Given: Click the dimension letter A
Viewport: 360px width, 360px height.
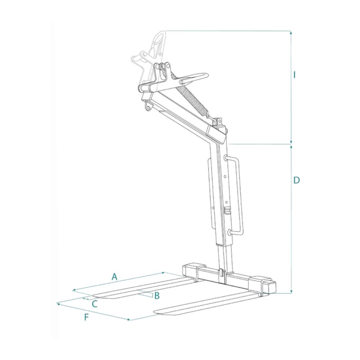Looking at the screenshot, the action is (x=114, y=276).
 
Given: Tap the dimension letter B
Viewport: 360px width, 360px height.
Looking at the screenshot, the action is (x=157, y=296).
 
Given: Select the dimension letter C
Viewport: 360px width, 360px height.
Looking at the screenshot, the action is (x=95, y=304).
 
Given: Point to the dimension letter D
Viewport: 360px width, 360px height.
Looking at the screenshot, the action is (x=297, y=180).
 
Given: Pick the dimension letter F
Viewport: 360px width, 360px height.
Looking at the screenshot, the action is (x=86, y=317).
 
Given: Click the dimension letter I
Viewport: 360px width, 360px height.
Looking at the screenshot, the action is (x=294, y=75).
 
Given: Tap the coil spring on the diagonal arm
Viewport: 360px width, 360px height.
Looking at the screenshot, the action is (x=190, y=94).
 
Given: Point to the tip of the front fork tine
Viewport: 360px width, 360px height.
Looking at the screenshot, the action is (x=154, y=312).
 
